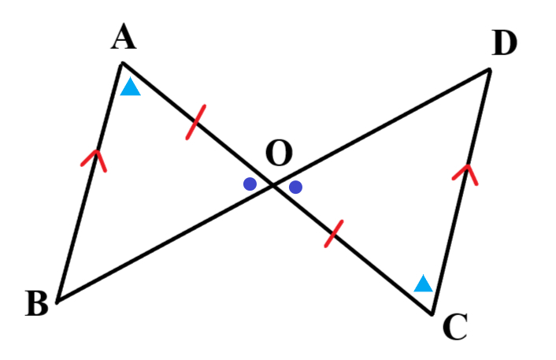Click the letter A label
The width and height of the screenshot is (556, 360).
tap(124, 36)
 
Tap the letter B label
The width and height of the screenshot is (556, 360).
tap(37, 303)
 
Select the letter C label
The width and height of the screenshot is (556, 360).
tap(455, 327)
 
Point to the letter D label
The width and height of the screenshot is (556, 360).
tap(504, 43)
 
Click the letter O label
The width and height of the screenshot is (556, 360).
tap(279, 153)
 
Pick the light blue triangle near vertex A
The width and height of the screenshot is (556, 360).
tap(131, 86)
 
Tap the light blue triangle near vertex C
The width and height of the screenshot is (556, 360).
tap(424, 283)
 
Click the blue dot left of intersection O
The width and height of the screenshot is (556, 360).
tap(250, 184)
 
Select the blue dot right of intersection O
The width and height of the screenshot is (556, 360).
tap(296, 187)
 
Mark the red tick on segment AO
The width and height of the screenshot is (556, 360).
tap(196, 122)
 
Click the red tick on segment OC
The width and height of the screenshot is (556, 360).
tap(334, 234)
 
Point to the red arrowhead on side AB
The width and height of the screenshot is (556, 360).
tap(95, 161)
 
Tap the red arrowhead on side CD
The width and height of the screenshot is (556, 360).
tap(465, 174)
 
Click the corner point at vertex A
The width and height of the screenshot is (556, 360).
tap(122, 64)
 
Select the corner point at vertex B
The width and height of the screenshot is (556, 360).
tap(57, 302)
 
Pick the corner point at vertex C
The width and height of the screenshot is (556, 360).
tap(432, 314)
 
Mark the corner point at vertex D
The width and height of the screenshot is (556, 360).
tap(490, 70)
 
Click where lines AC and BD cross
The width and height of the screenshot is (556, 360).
tap(273, 184)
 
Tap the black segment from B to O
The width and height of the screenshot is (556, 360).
tap(165, 243)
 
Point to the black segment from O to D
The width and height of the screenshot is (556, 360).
tap(381, 127)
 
